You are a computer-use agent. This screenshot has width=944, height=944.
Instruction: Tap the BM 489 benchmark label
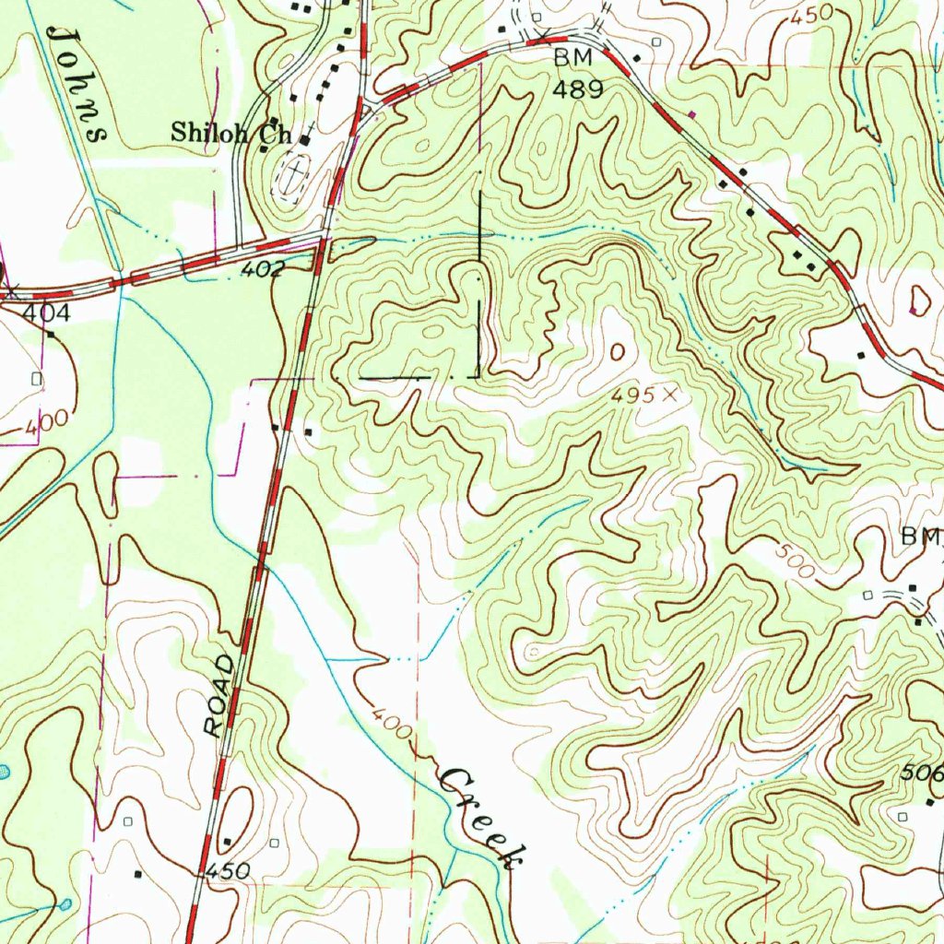[578, 74]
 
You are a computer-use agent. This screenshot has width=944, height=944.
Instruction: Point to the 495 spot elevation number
[634, 395]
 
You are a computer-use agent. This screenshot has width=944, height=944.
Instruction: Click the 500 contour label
[795, 561]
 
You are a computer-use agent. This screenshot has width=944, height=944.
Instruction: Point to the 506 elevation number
[926, 775]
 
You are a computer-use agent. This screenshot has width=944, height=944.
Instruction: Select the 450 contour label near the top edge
[809, 15]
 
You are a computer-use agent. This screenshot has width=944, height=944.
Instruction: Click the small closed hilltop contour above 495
[617, 351]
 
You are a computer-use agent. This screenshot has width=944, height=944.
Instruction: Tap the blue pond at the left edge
[4, 771]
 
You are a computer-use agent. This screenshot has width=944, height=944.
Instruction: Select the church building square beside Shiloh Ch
[303, 140]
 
